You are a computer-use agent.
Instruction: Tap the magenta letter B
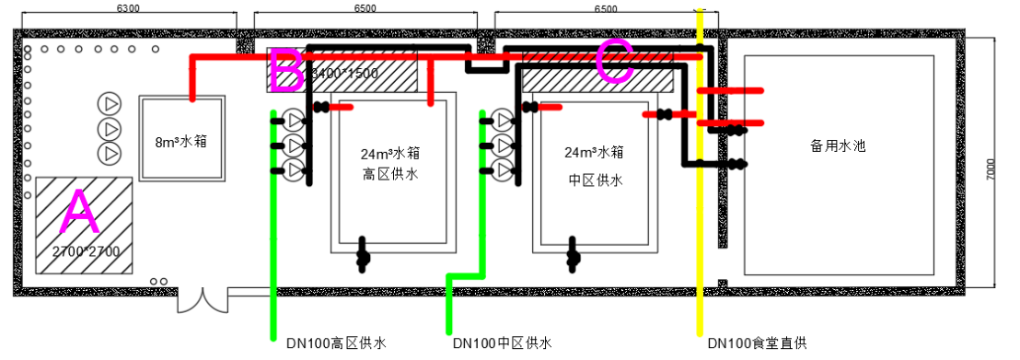point(285,70)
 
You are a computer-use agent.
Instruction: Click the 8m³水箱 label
point(180,142)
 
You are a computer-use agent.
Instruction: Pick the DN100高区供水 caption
point(335,343)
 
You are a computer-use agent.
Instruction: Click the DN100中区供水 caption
point(502,343)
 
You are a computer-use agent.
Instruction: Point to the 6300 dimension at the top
point(129,8)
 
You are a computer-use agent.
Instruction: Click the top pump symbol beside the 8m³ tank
point(110,102)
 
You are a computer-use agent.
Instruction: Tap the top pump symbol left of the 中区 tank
point(502,119)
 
